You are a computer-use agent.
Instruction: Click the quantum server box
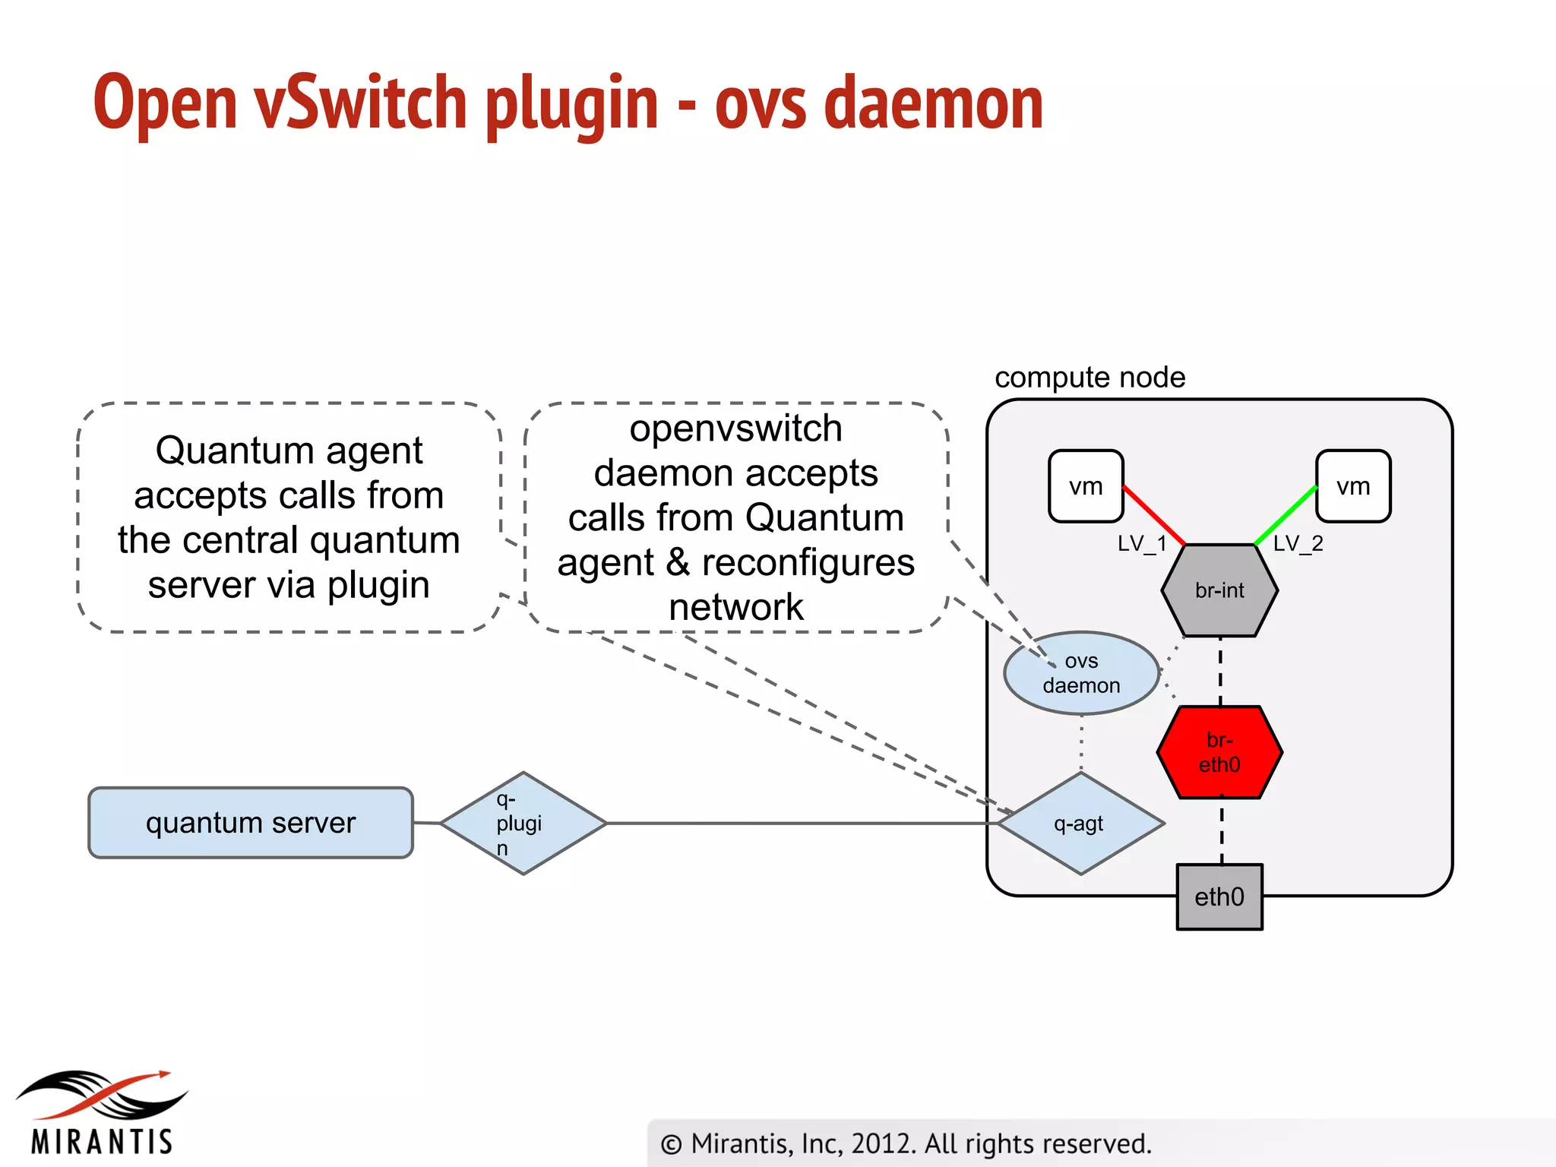point(251,823)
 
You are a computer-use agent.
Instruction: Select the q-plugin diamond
point(523,824)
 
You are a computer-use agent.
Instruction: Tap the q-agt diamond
point(1080,824)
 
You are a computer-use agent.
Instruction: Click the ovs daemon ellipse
point(1081,673)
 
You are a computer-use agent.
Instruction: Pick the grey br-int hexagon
point(1219,590)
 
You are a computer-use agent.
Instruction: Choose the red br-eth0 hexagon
point(1219,752)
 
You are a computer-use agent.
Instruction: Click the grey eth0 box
point(1219,897)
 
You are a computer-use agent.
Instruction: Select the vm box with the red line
point(1086,486)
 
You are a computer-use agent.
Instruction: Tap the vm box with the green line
point(1353,486)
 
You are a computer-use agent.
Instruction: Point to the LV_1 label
point(1141,543)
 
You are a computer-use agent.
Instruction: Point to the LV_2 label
point(1298,543)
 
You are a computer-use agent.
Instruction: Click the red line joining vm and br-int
point(1153,515)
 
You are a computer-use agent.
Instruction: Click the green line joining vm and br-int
point(1286,515)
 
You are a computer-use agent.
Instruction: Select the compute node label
point(1090,378)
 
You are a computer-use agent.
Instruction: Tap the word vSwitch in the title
point(360,104)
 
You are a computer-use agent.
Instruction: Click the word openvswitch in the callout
point(735,429)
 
